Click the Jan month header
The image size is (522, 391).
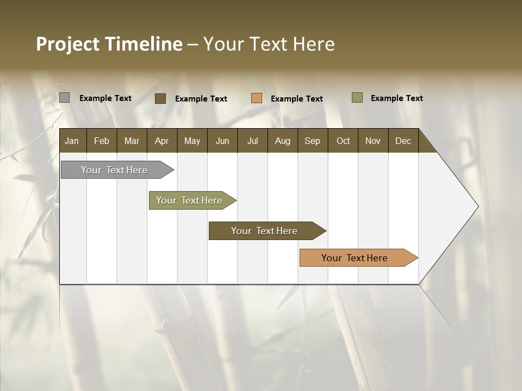[x=72, y=141]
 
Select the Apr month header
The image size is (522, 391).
[x=161, y=141]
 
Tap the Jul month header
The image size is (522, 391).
[x=252, y=141]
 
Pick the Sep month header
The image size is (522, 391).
[x=312, y=141]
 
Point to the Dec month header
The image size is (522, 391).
[x=403, y=141]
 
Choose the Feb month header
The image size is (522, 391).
[x=102, y=141]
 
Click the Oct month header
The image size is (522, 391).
[x=343, y=141]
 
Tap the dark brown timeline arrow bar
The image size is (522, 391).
[x=265, y=231]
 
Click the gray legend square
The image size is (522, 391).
[x=65, y=98]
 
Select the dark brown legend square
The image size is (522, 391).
[x=160, y=98]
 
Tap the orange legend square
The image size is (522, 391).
[x=257, y=98]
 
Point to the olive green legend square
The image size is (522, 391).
[x=357, y=98]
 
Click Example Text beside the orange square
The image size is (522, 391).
[x=296, y=99]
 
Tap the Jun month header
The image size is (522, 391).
[x=222, y=141]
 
